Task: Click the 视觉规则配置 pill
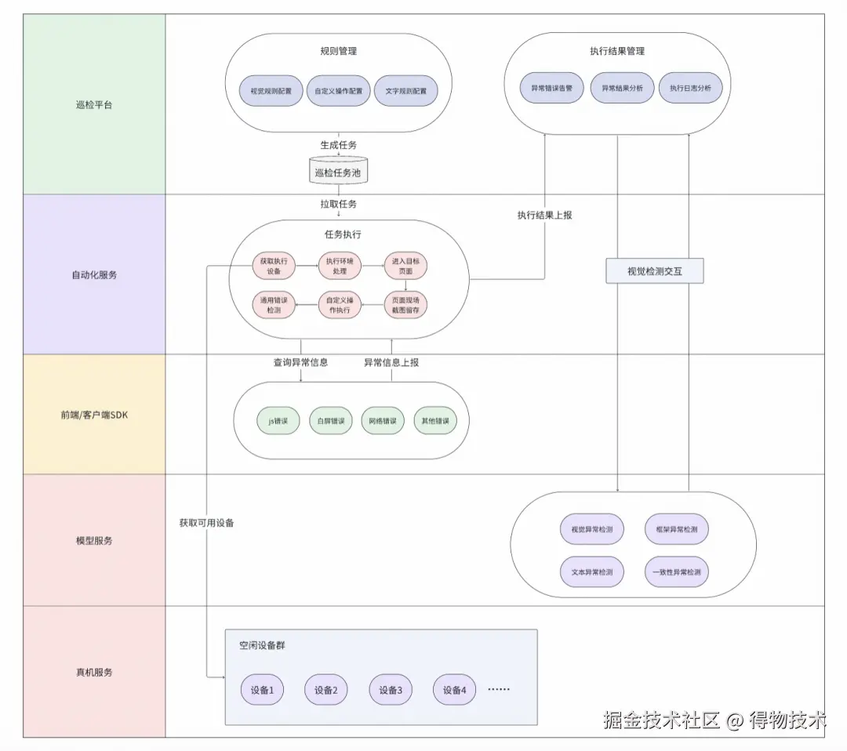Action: (x=271, y=90)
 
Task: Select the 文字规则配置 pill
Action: (x=405, y=90)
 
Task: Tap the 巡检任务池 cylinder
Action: (x=338, y=172)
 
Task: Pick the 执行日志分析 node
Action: (x=690, y=89)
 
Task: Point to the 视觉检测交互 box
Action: (x=654, y=271)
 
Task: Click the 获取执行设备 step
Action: (x=274, y=267)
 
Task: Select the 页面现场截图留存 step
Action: (x=405, y=304)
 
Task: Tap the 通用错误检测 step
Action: (x=274, y=304)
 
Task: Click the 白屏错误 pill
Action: (x=331, y=421)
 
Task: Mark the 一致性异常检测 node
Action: (x=676, y=571)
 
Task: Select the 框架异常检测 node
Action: (x=676, y=529)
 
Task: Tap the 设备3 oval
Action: (x=390, y=690)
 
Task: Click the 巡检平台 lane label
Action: (x=94, y=104)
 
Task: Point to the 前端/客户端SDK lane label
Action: (x=94, y=415)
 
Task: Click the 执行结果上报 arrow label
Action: (x=544, y=214)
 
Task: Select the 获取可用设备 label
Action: (x=206, y=523)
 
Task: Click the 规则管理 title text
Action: (x=338, y=51)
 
